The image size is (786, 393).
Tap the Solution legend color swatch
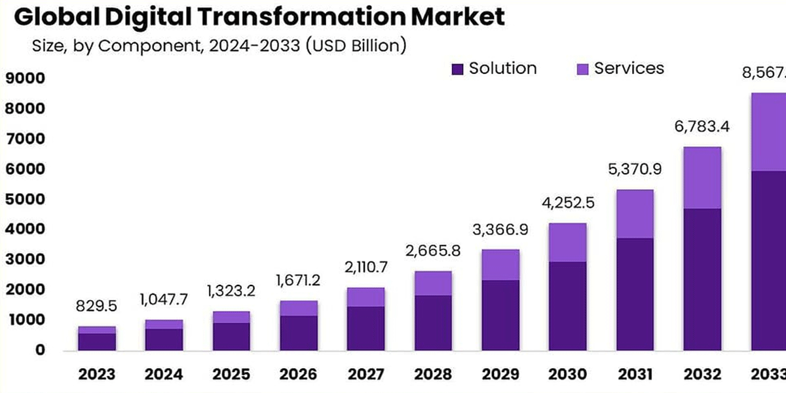[x=457, y=69]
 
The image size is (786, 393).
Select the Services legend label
[x=628, y=68]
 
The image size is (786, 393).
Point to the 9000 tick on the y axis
[x=24, y=79]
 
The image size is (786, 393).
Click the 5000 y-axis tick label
[x=24, y=199]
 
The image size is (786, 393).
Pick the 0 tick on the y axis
[x=39, y=350]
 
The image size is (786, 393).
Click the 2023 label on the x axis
[x=96, y=374]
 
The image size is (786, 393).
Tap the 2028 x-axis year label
[x=432, y=374]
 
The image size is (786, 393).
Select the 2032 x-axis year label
[x=702, y=374]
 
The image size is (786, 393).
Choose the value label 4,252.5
[x=567, y=202]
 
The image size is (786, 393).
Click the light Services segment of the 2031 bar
[x=634, y=214]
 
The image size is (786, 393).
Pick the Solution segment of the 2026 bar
[x=298, y=333]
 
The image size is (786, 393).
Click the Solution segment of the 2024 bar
[x=164, y=339]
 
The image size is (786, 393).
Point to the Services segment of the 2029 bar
[x=500, y=265]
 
